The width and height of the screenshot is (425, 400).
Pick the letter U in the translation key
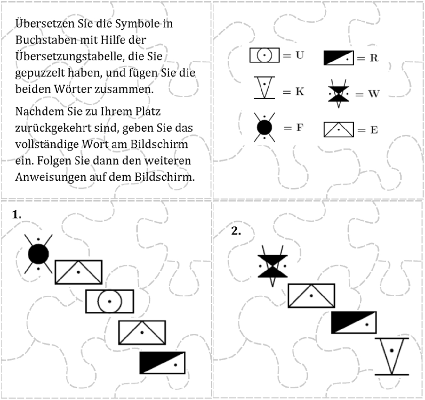(300, 55)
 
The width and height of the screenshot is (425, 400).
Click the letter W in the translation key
(373, 94)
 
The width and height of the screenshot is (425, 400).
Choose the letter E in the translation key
(374, 130)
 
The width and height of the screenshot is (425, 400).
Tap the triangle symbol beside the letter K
(264, 88)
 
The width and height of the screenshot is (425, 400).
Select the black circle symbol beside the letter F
(264, 128)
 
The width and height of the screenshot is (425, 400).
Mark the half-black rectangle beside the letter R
(339, 58)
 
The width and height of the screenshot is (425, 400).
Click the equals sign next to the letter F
(287, 128)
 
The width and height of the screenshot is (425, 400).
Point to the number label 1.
(17, 215)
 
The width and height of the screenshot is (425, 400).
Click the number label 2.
(236, 231)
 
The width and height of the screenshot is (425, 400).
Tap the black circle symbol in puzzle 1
(38, 254)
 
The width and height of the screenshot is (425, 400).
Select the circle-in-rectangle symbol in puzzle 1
(110, 302)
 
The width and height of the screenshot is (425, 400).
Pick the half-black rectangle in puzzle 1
(163, 363)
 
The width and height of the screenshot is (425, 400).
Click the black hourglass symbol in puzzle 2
(273, 266)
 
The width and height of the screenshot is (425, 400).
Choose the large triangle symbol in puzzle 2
(392, 356)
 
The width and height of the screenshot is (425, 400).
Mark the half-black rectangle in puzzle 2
(354, 322)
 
